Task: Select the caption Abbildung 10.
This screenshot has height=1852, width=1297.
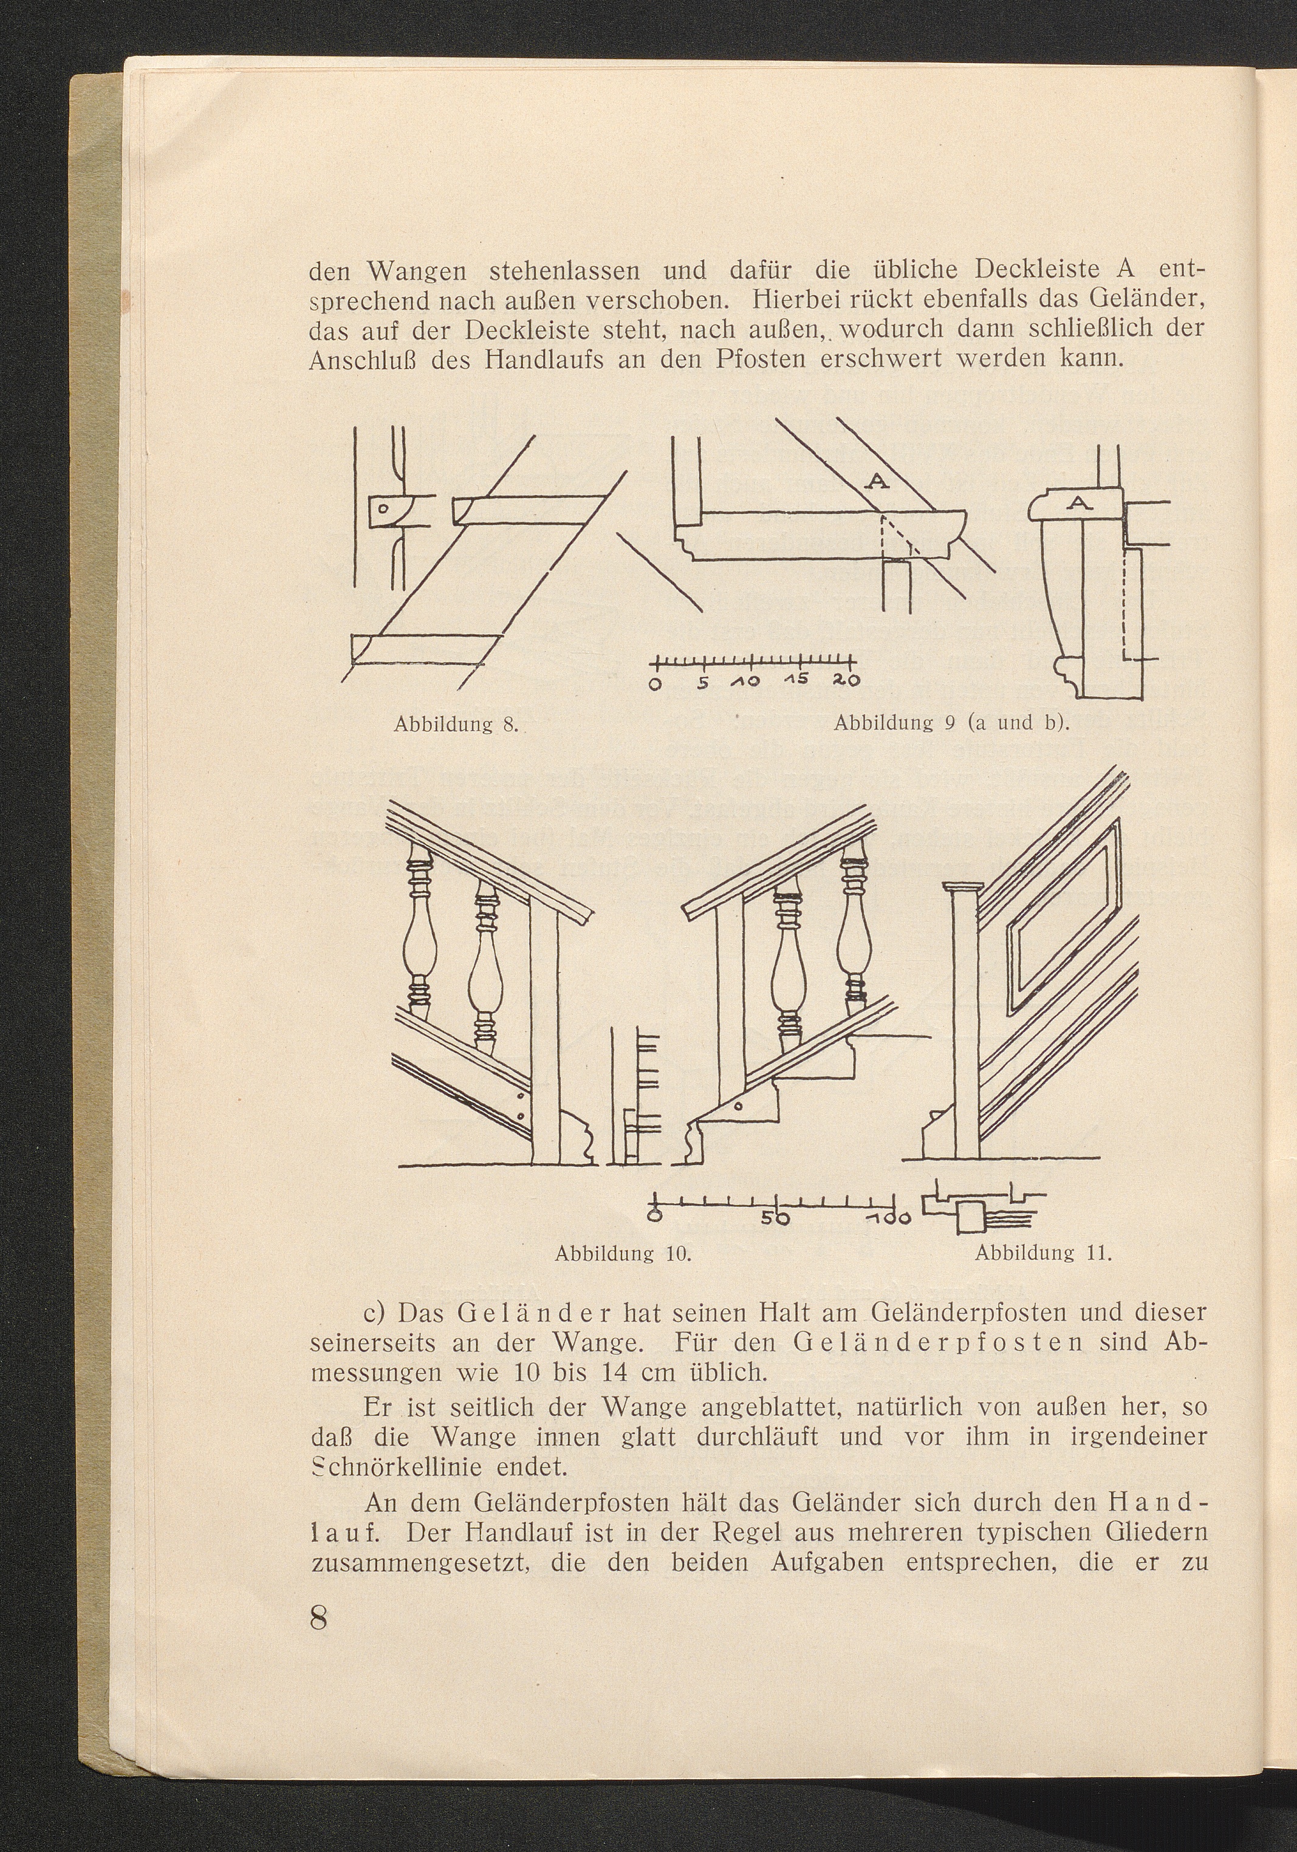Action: (x=625, y=1254)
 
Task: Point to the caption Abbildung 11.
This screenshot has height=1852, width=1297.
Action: (x=1043, y=1254)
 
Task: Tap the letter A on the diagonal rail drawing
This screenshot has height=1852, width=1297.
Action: (x=878, y=482)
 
